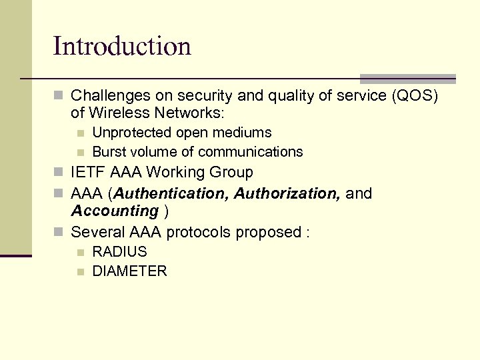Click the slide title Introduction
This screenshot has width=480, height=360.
pos(122,46)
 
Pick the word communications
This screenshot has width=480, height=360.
pos(251,152)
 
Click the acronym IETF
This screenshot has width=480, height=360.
pos(88,172)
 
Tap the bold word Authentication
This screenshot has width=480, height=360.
pos(172,193)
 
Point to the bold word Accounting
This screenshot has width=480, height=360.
pos(114,211)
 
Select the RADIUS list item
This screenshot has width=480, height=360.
pos(119,252)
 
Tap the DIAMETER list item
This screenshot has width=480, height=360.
pos(129,271)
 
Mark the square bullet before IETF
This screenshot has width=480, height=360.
pos(59,173)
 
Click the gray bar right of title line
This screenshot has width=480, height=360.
pos(407,78)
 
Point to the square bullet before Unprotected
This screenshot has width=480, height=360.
pos(81,133)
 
